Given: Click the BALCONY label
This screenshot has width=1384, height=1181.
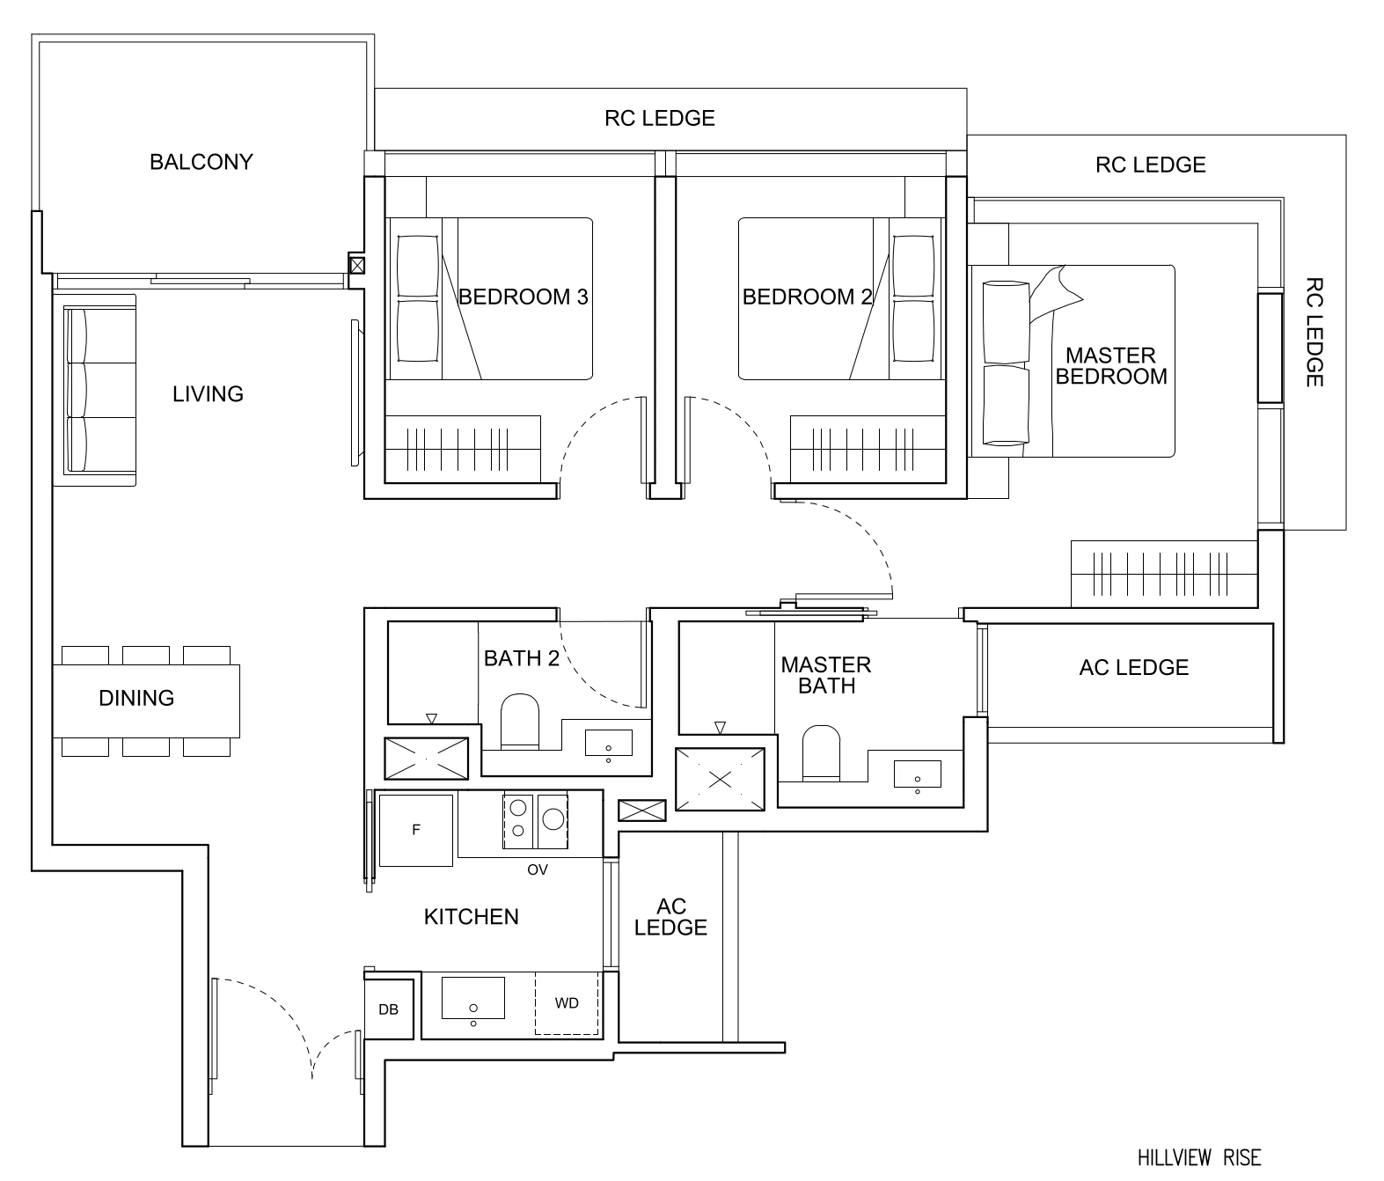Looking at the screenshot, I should [201, 162].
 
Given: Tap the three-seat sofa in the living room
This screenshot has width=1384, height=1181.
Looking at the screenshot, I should [95, 390].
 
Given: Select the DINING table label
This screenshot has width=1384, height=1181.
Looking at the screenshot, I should [136, 698].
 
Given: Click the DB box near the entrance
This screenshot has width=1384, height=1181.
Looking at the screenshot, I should [388, 1009].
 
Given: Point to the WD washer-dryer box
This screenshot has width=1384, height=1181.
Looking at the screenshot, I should [567, 1003].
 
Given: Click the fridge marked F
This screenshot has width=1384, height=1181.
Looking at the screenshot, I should [416, 830].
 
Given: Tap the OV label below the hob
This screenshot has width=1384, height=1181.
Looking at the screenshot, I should [537, 869].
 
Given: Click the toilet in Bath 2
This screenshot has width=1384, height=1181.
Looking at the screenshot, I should [518, 722].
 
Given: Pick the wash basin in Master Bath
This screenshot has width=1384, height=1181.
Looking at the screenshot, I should [917, 774].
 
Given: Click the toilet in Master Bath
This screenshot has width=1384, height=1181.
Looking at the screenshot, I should [821, 753].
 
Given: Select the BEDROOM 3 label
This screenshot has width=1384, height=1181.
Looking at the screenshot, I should [523, 297].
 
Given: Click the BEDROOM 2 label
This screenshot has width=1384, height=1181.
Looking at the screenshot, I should [807, 297].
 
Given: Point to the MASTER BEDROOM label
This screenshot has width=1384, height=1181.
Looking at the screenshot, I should [1110, 366].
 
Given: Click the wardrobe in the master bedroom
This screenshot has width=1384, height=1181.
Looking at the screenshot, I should [1163, 575].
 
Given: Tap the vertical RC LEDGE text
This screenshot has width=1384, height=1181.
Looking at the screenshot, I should [1314, 332].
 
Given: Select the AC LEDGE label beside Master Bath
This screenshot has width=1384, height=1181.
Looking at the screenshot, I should [1133, 668].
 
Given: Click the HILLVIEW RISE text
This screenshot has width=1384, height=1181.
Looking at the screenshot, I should [1198, 1157].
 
